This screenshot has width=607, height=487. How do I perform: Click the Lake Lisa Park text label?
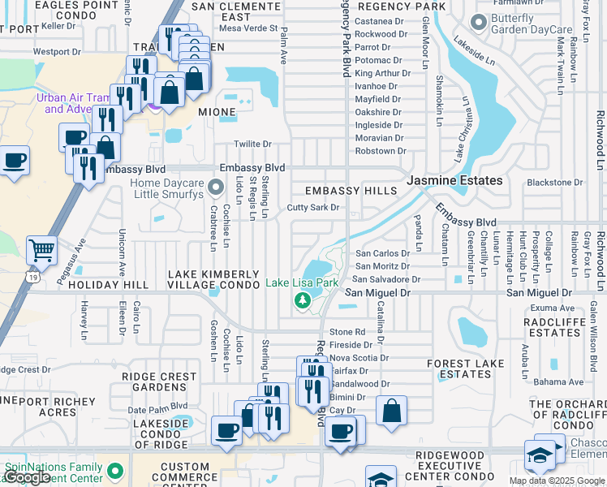tap(302, 283)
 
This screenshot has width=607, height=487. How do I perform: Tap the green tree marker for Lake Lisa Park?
tap(303, 301)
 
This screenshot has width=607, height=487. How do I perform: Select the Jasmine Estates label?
tap(454, 180)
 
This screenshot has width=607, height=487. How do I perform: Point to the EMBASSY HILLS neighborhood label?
tap(351, 191)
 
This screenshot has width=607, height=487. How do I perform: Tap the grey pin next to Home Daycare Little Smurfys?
tap(215, 188)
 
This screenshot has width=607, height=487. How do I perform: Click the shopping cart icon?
tap(41, 251)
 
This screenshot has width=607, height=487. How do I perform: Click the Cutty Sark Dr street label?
tap(312, 208)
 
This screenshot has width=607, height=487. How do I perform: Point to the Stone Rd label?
tap(347, 332)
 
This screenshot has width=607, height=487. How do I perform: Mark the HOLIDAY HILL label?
tap(108, 285)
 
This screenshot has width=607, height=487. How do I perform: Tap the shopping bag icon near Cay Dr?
tap(391, 411)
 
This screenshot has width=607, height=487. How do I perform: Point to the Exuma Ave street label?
tap(553, 308)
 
